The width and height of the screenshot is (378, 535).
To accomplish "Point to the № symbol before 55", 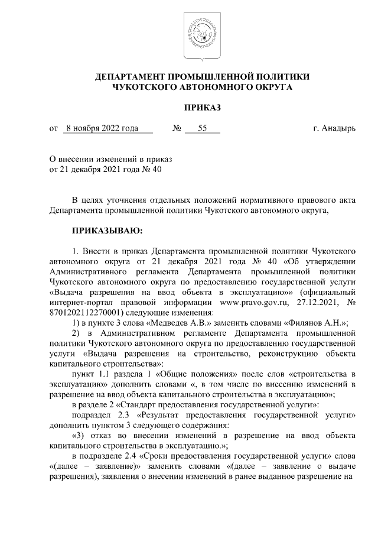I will (x=176, y=128).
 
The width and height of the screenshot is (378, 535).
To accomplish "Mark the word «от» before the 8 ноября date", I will (x=54, y=128).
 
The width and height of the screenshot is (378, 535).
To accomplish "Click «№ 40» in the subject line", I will (x=149, y=169).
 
